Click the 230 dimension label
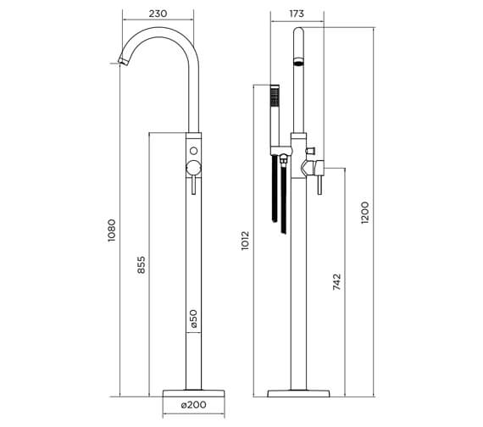158,13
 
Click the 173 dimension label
297,13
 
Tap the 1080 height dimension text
111,230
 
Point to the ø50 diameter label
193,319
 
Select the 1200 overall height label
365,213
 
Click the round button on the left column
193,152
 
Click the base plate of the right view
297,394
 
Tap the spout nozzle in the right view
297,62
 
